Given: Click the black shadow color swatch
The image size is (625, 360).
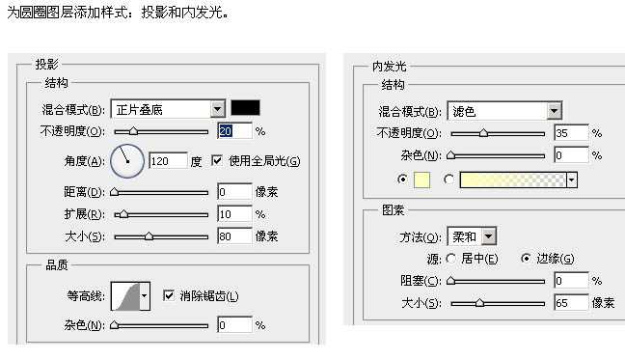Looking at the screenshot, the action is coord(245,109).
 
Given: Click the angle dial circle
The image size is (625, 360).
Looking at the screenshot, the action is coord(126,160).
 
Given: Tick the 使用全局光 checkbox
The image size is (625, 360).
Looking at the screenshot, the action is coord(217,160).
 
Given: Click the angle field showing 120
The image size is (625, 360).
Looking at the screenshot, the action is coord(167,161).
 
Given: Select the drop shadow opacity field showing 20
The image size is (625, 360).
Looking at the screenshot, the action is coord(234,130).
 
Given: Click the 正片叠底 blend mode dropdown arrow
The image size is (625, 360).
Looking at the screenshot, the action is coord(217,110).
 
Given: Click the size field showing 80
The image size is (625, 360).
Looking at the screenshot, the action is coord(234,235).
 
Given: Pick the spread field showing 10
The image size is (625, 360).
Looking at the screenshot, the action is coord(234,213).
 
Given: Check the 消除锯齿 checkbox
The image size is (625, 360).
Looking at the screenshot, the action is coord(170,295).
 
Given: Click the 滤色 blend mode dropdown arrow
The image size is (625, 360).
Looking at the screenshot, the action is coord(555,111).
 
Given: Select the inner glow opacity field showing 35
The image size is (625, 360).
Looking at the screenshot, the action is coord(571,133).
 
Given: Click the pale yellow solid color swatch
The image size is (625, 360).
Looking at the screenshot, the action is coord(421,180).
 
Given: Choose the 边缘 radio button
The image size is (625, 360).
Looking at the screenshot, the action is coord(526,259).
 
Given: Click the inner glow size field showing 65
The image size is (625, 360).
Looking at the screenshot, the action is coord(571,303).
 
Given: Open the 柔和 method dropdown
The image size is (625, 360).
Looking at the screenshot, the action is coord(488,235).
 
